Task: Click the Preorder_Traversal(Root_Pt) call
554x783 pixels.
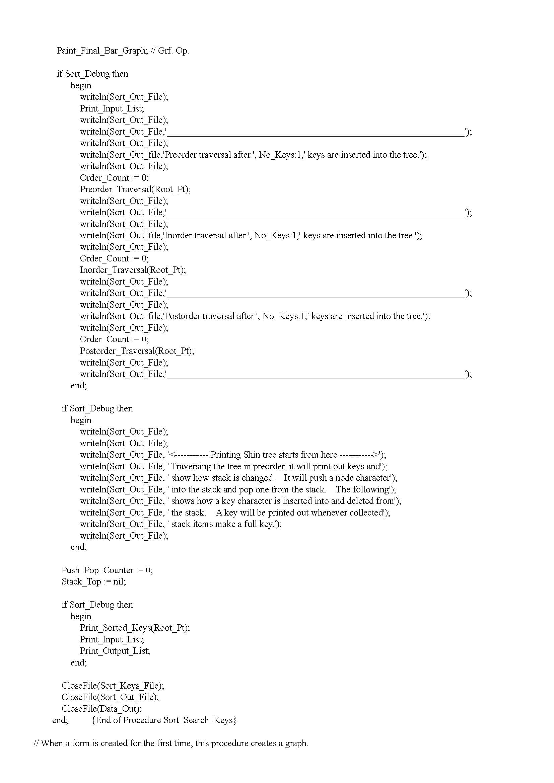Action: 135,189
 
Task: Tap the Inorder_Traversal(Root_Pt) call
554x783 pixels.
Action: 133,270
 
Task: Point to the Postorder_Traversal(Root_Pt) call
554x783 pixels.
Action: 137,351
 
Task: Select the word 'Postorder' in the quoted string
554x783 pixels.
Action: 183,316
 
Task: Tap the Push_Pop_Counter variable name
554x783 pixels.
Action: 97,570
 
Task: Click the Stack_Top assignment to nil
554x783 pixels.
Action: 93,582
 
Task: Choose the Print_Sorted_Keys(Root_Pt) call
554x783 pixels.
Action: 135,628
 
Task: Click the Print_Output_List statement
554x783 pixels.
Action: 115,651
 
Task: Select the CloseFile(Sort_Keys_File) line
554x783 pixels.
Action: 113,686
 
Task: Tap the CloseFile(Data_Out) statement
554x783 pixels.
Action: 101,709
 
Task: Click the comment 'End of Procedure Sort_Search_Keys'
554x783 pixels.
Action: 164,720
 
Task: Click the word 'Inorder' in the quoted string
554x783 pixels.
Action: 179,236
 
